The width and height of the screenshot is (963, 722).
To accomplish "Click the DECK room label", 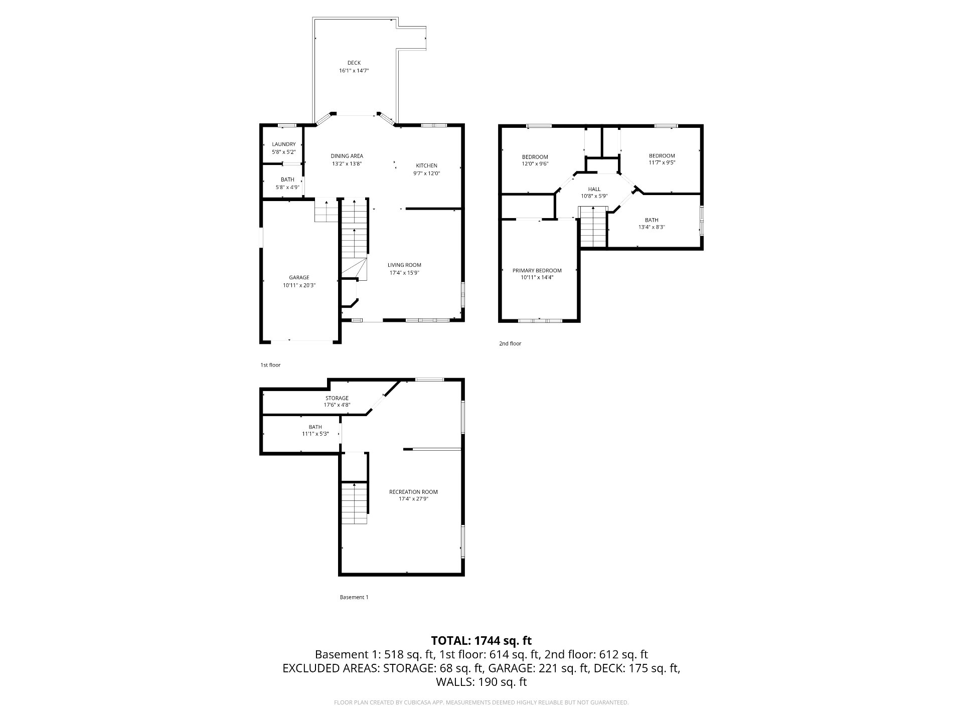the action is [354, 63].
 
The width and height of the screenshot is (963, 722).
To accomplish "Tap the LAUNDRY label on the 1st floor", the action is [284, 144].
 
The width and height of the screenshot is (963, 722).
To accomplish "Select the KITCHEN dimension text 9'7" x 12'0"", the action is [427, 173].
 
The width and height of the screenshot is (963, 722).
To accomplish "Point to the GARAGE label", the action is [299, 277].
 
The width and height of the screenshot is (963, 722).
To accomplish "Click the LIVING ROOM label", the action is [404, 265].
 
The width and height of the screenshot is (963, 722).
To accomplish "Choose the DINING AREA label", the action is [347, 156].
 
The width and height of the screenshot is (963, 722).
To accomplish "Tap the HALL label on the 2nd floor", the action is [594, 189].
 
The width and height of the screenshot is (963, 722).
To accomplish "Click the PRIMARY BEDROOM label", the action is [537, 271].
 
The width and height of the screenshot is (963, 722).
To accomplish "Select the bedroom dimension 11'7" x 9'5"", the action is [662, 162].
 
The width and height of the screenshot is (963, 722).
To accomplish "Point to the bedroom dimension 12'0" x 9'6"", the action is [535, 163].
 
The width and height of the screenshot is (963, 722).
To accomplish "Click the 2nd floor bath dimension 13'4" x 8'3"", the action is [652, 227].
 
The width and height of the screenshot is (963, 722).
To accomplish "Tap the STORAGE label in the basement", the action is [337, 398].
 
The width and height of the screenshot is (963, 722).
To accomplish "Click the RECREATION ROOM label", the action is [413, 492].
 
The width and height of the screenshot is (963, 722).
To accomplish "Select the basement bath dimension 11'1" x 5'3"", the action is [315, 434].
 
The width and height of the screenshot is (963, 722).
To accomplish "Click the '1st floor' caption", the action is [270, 365].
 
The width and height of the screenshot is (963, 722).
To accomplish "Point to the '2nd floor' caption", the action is [510, 343].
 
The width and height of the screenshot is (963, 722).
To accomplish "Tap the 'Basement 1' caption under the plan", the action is [354, 597].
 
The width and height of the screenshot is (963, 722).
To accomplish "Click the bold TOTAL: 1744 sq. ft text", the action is [481, 640].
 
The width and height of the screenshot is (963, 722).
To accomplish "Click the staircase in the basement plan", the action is [355, 503].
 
